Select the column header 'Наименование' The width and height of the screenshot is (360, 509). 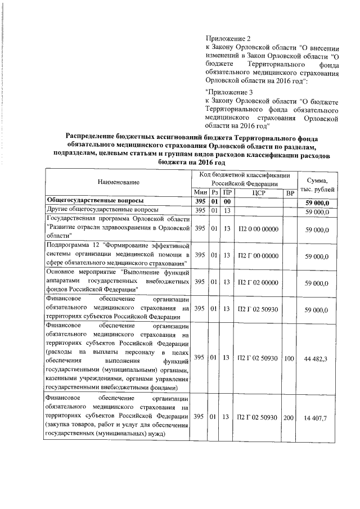pos(118,182)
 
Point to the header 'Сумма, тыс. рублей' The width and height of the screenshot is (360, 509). pos(318,182)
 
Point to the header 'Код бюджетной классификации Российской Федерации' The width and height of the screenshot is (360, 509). pos(244,179)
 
